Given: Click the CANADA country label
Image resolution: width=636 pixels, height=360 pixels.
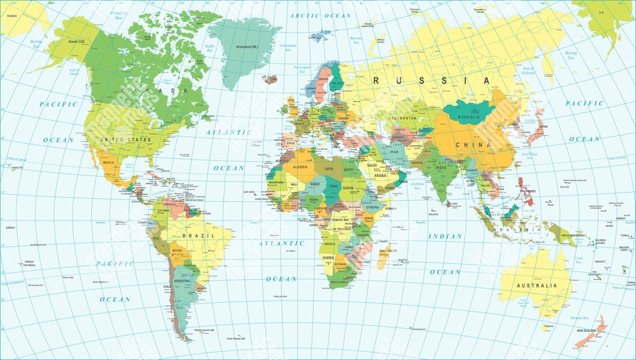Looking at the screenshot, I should [x=154, y=91].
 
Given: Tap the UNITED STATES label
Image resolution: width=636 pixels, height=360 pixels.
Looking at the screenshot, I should [x=125, y=140].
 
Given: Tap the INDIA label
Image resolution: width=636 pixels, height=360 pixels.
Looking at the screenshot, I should [x=440, y=167].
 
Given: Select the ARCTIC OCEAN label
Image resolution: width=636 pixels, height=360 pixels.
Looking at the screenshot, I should [x=320, y=15].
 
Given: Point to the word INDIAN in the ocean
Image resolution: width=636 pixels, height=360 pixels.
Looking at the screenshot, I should [x=445, y=236].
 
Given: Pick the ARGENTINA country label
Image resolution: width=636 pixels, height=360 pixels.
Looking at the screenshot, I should [x=182, y=281].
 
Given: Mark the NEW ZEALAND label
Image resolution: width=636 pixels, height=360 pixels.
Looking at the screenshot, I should [x=588, y=331].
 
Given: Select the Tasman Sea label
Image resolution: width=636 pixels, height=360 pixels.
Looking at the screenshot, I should [x=579, y=318].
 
